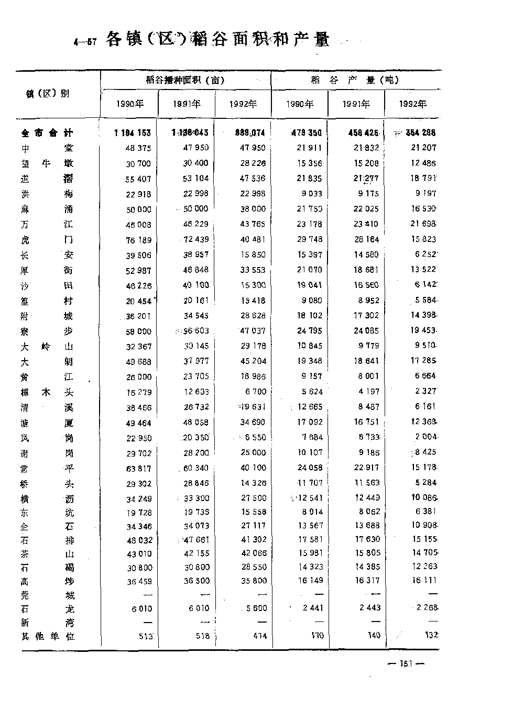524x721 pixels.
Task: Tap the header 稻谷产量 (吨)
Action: pyautogui.click(x=355, y=80)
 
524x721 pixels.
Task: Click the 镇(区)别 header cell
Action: pyautogui.click(x=48, y=94)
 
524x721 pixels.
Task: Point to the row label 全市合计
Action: pyautogui.click(x=47, y=133)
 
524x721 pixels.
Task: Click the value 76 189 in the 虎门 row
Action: pyautogui.click(x=138, y=240)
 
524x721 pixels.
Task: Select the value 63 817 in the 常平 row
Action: pyautogui.click(x=138, y=469)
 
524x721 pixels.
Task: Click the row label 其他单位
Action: pyautogui.click(x=48, y=637)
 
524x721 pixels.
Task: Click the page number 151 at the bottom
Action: pyautogui.click(x=406, y=664)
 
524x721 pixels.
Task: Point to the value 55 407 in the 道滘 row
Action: pyautogui.click(x=138, y=179)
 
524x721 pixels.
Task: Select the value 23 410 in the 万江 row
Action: pyautogui.click(x=366, y=224)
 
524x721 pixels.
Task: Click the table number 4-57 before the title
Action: pyautogui.click(x=85, y=42)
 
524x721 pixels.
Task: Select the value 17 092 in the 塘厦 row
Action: pyautogui.click(x=310, y=422)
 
